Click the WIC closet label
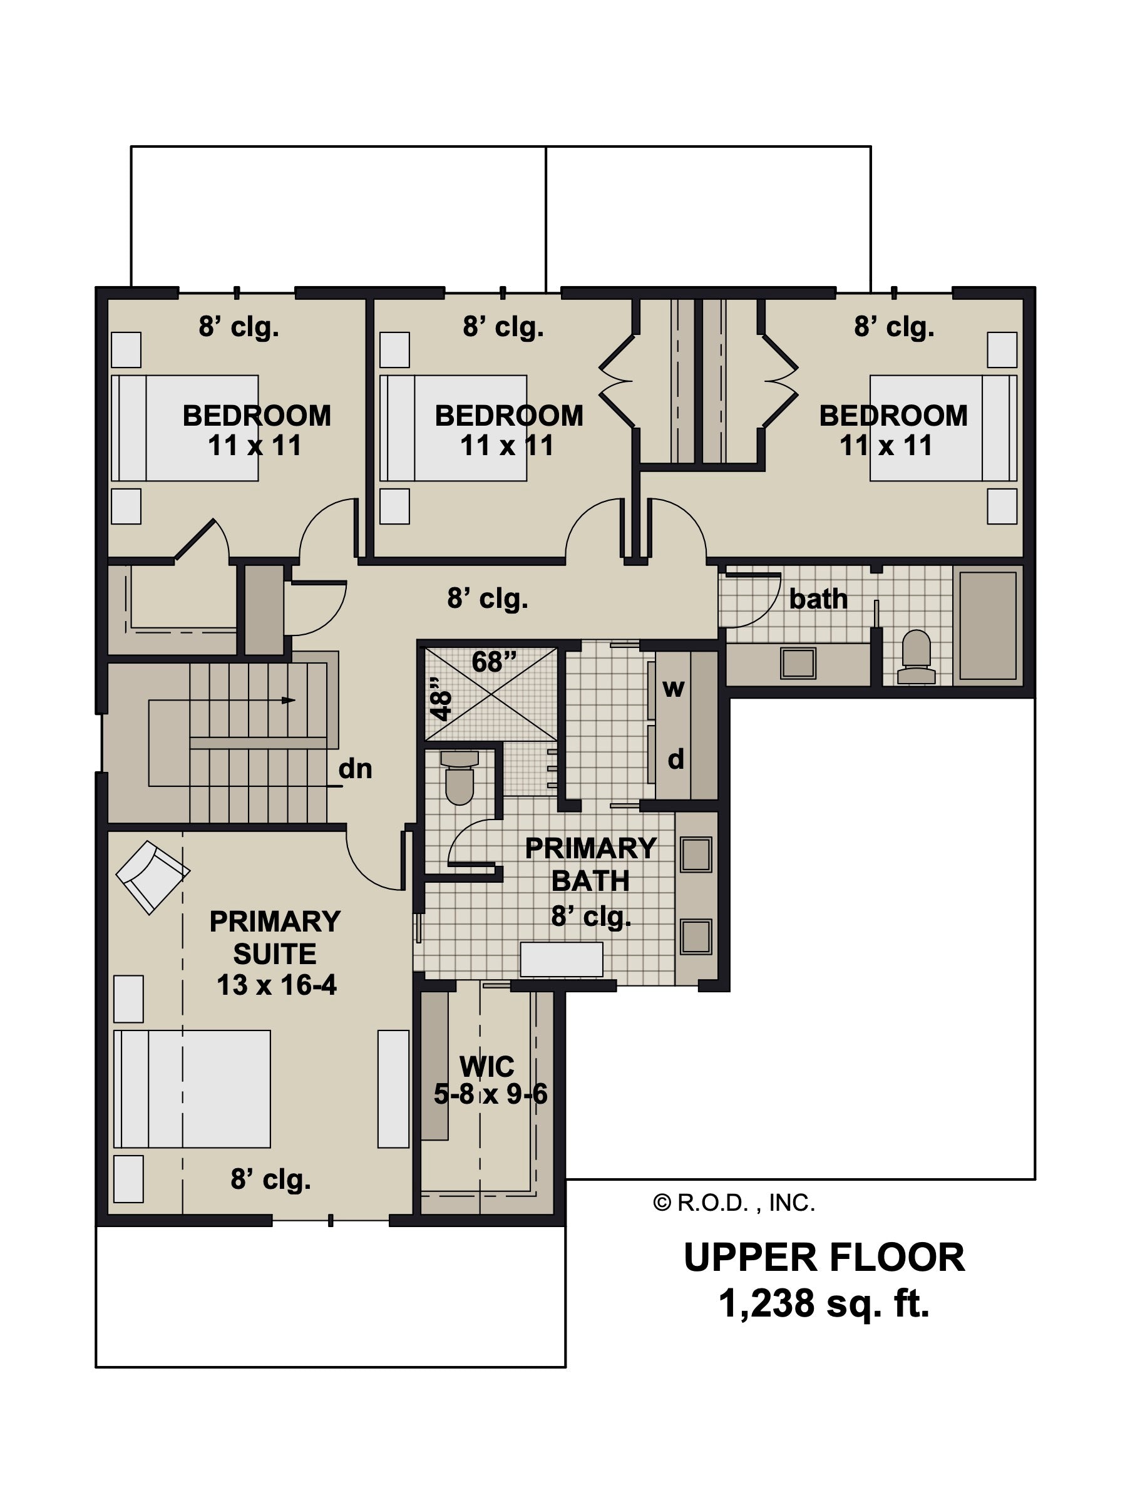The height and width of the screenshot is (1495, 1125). coord(486,1067)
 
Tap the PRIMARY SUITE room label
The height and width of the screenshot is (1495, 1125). coord(275,937)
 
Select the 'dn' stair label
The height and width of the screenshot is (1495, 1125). coord(356,768)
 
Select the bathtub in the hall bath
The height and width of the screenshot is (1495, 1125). coord(988,625)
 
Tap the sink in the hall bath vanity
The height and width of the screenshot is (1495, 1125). coord(798,662)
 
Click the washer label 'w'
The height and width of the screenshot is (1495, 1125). coord(673,688)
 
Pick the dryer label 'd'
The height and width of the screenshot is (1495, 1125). coord(676,759)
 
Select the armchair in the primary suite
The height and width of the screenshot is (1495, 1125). coord(153,876)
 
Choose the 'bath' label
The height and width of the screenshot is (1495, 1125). coord(818,599)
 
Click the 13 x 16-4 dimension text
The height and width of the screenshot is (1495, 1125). coord(276,985)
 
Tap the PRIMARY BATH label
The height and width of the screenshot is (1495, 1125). coord(590,865)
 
